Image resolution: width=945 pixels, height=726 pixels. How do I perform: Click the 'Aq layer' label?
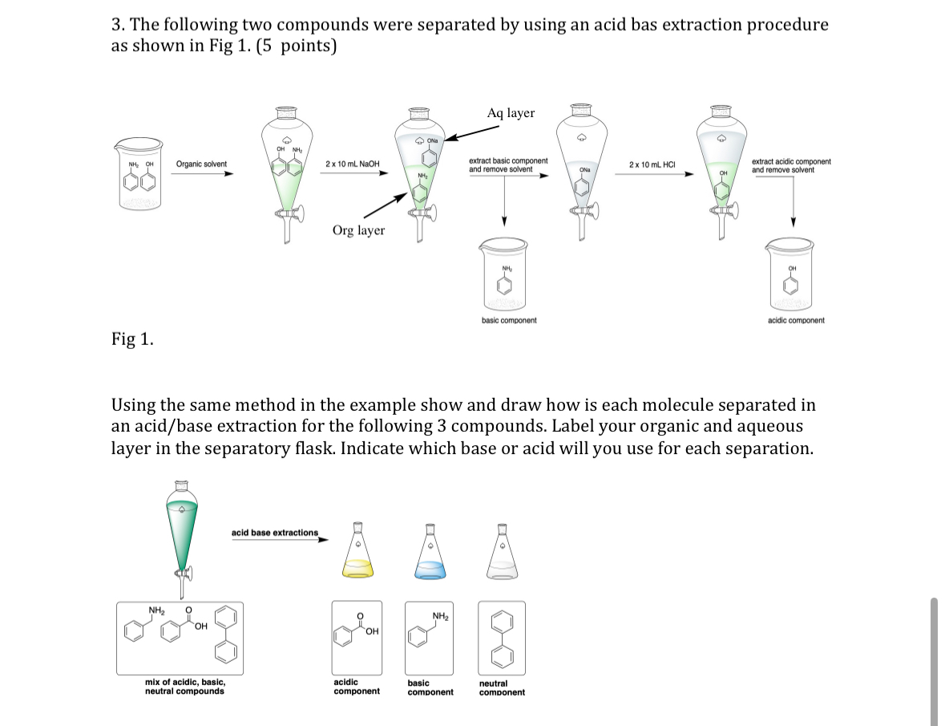coord(511,113)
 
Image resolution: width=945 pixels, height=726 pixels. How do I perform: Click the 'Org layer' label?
coord(358,230)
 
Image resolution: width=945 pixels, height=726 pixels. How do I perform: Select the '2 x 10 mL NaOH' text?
coord(352,164)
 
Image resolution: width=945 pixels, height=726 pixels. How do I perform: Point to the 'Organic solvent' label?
coord(201,164)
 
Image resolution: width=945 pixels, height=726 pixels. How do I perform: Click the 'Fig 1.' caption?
coord(132,339)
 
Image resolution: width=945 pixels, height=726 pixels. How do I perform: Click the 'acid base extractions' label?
coord(274,533)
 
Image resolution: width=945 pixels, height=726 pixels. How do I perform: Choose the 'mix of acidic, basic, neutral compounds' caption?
coord(184,687)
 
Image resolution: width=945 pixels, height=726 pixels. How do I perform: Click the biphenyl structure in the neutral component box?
coord(503,638)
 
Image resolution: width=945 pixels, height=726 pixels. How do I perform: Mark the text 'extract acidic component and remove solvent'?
coord(790,165)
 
